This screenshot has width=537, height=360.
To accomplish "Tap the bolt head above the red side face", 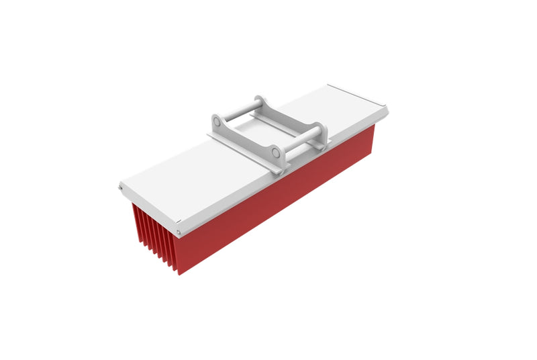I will point(179,233).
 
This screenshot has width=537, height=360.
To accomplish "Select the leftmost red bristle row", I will point(137,222).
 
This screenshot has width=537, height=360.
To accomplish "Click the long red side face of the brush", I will point(282,201).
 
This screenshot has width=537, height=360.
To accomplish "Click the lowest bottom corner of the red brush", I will point(178,273).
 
